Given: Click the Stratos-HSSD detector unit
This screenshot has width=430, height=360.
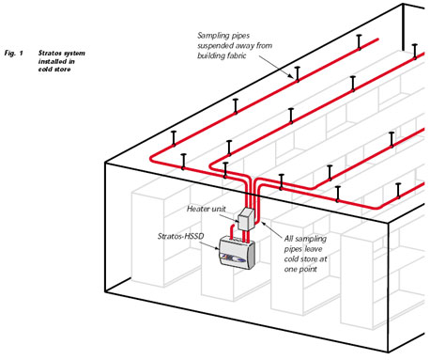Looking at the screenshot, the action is click(238, 253).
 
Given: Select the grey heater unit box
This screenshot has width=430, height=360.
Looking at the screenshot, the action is click(246, 219).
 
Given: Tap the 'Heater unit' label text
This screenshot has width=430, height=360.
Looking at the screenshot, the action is click(206, 209).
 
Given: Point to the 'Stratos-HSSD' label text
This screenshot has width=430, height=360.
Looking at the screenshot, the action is click(180, 236).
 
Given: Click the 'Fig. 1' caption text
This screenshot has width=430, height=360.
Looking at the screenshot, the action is click(14, 53).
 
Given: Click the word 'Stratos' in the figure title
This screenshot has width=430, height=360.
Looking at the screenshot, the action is click(49, 53).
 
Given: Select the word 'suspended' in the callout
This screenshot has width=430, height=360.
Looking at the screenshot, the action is click(215, 46).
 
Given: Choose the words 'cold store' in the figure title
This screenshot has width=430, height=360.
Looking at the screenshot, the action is click(54, 70).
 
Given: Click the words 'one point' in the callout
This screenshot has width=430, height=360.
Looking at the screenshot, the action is click(300, 269).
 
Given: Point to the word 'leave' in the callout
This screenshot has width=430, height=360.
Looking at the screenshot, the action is click(312, 249).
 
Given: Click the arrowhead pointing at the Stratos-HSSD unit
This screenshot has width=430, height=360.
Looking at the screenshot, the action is click(217, 248).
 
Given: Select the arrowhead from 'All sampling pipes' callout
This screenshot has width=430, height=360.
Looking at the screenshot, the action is click(263, 223).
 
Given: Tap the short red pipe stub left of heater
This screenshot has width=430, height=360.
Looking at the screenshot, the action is click(232, 231).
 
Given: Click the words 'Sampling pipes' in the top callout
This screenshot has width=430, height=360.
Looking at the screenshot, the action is click(223, 36).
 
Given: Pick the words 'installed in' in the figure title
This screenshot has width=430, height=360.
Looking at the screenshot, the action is click(56, 61).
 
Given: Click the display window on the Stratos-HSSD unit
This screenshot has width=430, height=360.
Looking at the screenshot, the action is click(232, 258).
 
